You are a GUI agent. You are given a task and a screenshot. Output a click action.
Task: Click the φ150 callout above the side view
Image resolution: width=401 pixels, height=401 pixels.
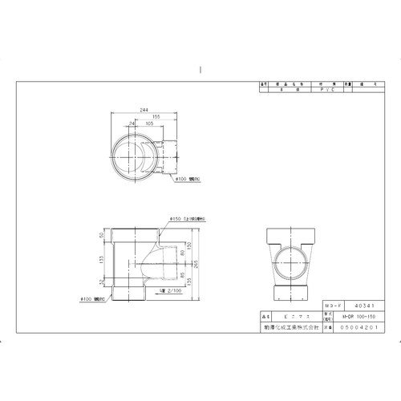tap(188, 218)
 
